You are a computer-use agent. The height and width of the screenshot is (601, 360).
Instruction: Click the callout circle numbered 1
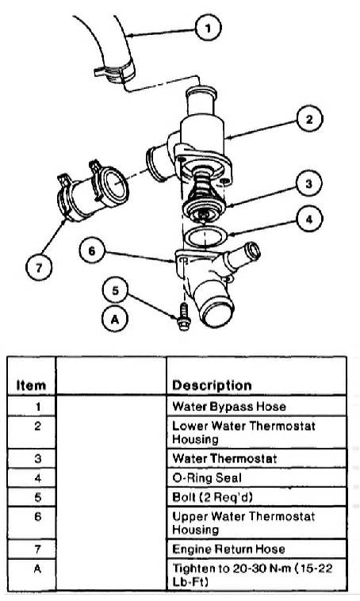coord(209,28)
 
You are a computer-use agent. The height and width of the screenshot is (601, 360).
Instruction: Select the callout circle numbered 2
coord(309,119)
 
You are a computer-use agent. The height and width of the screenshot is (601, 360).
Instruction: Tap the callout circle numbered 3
coord(309,184)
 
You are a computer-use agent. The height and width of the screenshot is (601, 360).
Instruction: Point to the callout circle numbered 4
coord(309,219)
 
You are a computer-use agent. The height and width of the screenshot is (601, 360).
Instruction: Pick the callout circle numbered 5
coord(116,290)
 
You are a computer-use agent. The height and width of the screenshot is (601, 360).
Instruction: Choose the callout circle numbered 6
coord(92,251)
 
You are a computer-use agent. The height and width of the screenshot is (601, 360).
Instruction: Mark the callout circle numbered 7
coord(39,267)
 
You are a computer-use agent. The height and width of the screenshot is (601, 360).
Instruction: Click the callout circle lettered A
coord(115,320)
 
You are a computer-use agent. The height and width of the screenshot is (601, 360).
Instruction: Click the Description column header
coord(212,385)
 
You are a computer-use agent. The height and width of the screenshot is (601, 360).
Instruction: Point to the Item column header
coord(31,385)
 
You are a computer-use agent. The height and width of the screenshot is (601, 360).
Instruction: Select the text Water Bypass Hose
coord(229,406)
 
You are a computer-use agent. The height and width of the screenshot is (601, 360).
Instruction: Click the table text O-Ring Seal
coord(207,477)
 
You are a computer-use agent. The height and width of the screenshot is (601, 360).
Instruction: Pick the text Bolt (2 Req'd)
coord(213,497)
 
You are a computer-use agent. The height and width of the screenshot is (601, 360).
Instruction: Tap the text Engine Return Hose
coord(228,549)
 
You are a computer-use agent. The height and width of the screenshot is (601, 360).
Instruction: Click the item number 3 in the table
coord(37,458)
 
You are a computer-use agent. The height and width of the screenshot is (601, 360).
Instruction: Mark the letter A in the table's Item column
coord(37,568)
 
